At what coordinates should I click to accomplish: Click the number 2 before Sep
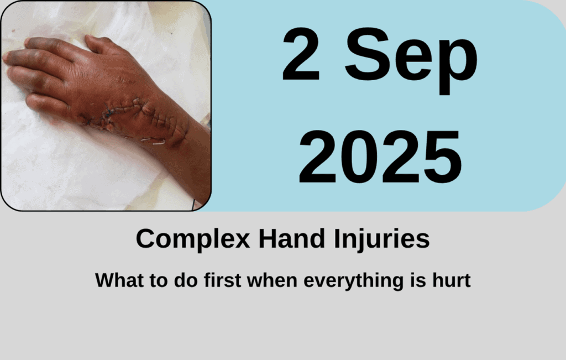pyautogui.click(x=301, y=54)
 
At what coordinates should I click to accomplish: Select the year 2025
pyautogui.click(x=380, y=156)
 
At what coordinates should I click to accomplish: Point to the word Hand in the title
pyautogui.click(x=292, y=239)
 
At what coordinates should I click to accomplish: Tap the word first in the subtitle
pyautogui.click(x=222, y=280)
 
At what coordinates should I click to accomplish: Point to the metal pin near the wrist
pyautogui.click(x=153, y=141)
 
